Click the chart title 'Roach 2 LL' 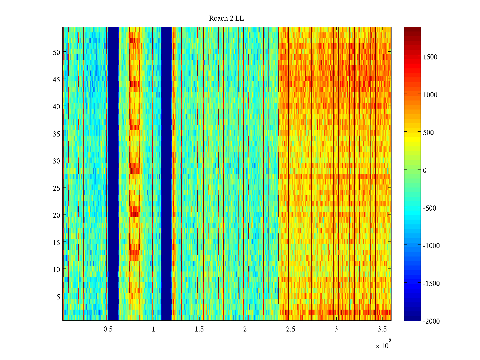coord(226,19)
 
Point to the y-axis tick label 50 coord(56,52)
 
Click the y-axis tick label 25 coord(56,188)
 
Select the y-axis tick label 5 coord(58,297)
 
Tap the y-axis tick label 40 coord(56,106)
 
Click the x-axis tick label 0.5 coord(108,329)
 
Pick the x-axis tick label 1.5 coord(199,329)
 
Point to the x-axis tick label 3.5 coord(382,329)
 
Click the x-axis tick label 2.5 coord(290,329)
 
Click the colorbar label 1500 coord(430,57)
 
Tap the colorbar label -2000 coord(431,321)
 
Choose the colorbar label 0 coord(425,170)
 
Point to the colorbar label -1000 coord(431,246)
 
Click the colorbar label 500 coord(428,133)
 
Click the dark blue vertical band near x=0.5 coord(113,174)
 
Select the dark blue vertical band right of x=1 coord(166,174)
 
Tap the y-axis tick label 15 coord(56,242)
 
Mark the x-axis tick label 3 coord(336,329)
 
